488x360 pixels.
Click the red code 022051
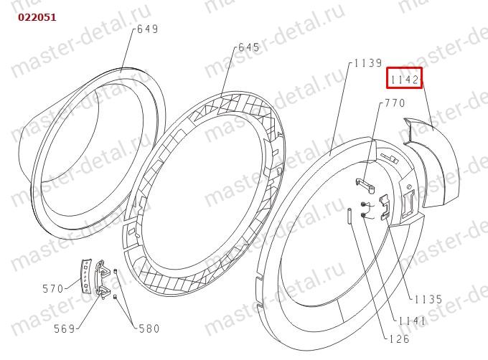pos(37,17)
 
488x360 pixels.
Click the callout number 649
pos(148,29)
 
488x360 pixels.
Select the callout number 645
pos(249,47)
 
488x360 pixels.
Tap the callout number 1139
pos(368,63)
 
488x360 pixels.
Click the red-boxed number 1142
pos(404,80)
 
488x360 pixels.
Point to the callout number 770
pos(395,103)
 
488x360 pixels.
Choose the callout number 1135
pos(428,299)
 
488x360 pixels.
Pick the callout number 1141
pos(412,321)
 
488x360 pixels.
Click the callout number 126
pos(400,338)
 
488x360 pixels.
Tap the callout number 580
pos(149,328)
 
